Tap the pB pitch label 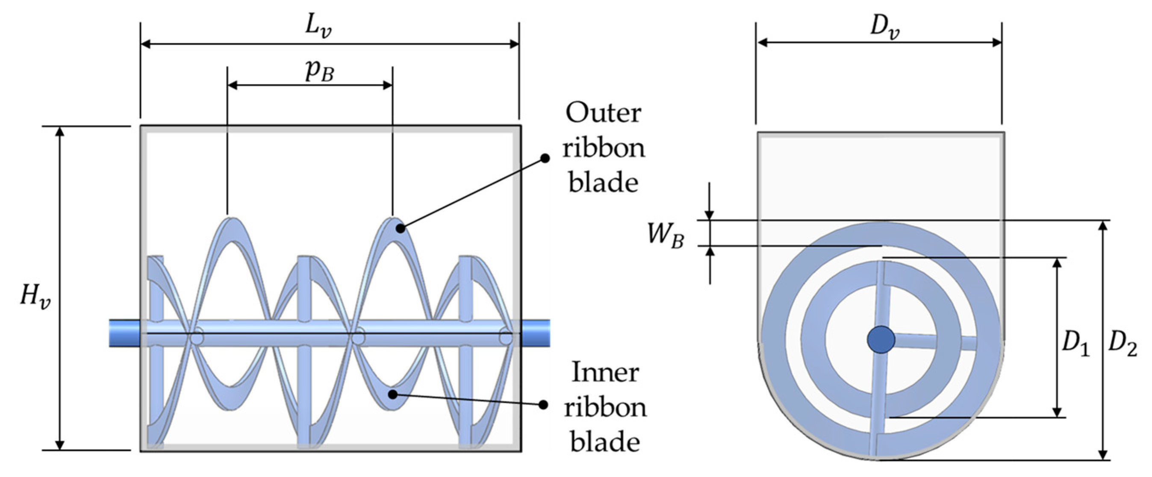coord(319,71)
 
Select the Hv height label coord(35,297)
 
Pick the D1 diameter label coord(1075,344)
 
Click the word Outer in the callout coord(603,114)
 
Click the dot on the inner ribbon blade coord(393,394)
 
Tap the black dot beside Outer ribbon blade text coord(545,158)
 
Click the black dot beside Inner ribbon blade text coord(543,405)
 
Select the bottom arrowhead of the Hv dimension coord(59,445)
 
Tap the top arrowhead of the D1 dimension coord(1057,263)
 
